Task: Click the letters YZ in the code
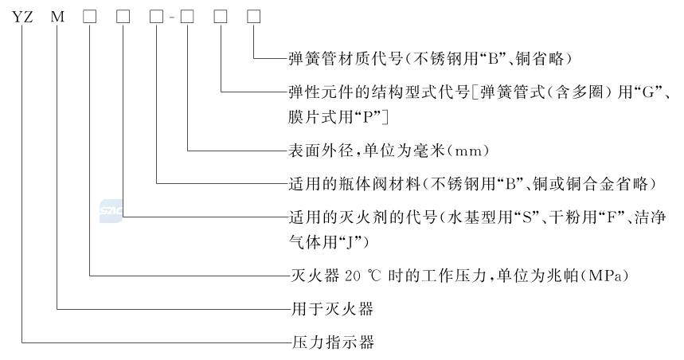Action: click(x=21, y=17)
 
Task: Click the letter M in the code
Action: click(x=57, y=17)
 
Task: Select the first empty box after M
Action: click(x=90, y=17)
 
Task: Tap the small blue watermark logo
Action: click(x=108, y=209)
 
